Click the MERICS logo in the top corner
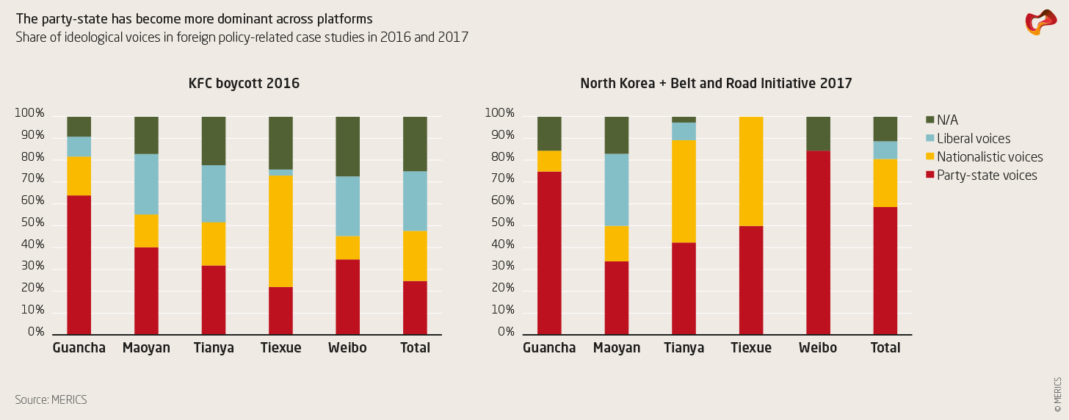pos(1040,23)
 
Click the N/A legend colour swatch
pos(930,120)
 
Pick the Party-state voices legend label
pos(987,175)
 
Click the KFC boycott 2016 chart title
pos(244,84)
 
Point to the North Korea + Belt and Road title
pos(716,84)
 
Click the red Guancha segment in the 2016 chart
pos(79,264)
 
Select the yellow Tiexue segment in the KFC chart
pos(280,231)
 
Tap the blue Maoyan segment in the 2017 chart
pos(617,189)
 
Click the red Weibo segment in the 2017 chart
pos(818,243)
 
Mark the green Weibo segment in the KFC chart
pos(348,147)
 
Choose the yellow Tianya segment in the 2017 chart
pos(684,192)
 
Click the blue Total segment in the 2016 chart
pos(415,201)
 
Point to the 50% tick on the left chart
pos(29,223)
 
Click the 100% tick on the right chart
pos(499,114)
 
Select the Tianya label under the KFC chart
pos(214,348)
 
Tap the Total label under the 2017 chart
pos(885,348)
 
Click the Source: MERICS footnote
pos(51,400)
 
